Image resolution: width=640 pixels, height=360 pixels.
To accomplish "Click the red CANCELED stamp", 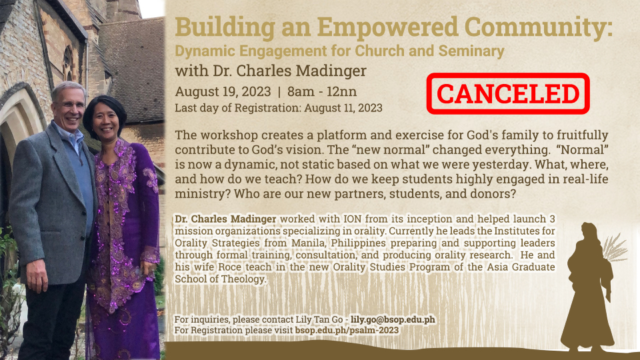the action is click(x=508, y=93).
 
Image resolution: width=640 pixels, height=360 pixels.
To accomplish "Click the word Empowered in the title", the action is click(x=388, y=28).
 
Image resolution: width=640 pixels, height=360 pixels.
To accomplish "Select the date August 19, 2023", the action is click(x=223, y=91).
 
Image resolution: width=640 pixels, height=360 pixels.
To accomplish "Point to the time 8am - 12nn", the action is click(x=322, y=91).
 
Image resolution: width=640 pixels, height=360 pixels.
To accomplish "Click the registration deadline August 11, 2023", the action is click(x=343, y=108).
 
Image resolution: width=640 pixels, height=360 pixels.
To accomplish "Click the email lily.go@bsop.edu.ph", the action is click(x=393, y=319).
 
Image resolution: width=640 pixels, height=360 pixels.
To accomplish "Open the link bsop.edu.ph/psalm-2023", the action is click(x=347, y=330).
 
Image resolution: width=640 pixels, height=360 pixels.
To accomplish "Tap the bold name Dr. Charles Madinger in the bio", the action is click(x=226, y=219).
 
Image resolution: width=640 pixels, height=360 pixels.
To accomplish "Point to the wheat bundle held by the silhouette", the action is click(x=614, y=249).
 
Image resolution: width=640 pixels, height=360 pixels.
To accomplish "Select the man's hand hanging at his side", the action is click(x=37, y=276).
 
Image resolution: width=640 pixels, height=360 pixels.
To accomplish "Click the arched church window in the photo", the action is click(x=68, y=63).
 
